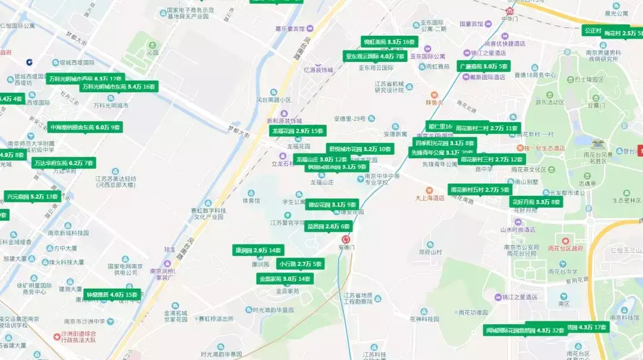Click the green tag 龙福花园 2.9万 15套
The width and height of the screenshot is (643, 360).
click(x=298, y=131)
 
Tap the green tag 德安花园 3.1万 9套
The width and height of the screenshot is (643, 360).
click(x=332, y=205)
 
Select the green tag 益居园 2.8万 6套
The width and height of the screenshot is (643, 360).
click(x=327, y=227)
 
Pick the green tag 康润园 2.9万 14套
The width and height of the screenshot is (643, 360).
click(x=258, y=251)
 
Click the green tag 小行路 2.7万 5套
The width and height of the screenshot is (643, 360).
click(x=301, y=264)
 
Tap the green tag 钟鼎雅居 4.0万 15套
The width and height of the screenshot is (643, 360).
click(x=112, y=295)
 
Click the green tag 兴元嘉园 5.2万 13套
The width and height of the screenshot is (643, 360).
click(x=32, y=196)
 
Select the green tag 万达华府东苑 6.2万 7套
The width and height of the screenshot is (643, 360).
click(x=64, y=163)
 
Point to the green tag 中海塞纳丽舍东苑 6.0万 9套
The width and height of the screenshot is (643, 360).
click(x=85, y=127)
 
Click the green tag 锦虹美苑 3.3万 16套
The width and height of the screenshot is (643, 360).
click(x=389, y=42)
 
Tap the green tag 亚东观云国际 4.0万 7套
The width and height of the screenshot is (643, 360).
click(x=375, y=57)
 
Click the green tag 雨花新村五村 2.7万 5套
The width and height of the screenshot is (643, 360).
click(x=480, y=190)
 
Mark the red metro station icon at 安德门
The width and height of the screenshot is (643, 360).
click(x=345, y=239)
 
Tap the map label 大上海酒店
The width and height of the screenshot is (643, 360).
click(x=430, y=198)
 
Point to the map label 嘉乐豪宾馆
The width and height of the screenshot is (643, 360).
click(x=289, y=29)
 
